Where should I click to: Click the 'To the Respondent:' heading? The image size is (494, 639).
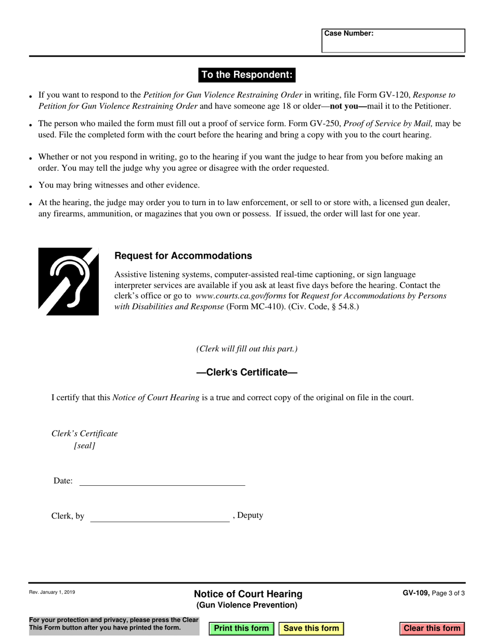click(247, 75)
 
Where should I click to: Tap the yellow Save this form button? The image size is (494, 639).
click(311, 628)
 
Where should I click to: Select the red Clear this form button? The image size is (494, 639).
click(432, 628)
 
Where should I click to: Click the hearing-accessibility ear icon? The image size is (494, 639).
click(69, 282)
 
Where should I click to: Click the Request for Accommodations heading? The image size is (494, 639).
click(183, 256)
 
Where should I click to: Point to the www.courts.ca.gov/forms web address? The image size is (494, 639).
click(241, 296)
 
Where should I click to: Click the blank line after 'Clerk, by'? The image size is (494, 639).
click(160, 516)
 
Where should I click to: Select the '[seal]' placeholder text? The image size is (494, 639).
click(85, 445)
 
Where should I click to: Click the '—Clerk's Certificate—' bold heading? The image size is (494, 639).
click(246, 372)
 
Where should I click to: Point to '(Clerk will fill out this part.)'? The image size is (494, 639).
click(246, 349)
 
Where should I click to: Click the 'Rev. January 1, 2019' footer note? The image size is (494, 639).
click(52, 592)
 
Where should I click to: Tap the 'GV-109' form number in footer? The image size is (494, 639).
click(415, 593)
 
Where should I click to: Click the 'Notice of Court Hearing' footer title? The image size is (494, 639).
click(248, 594)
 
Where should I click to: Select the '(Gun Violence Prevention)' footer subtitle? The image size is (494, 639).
click(246, 605)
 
